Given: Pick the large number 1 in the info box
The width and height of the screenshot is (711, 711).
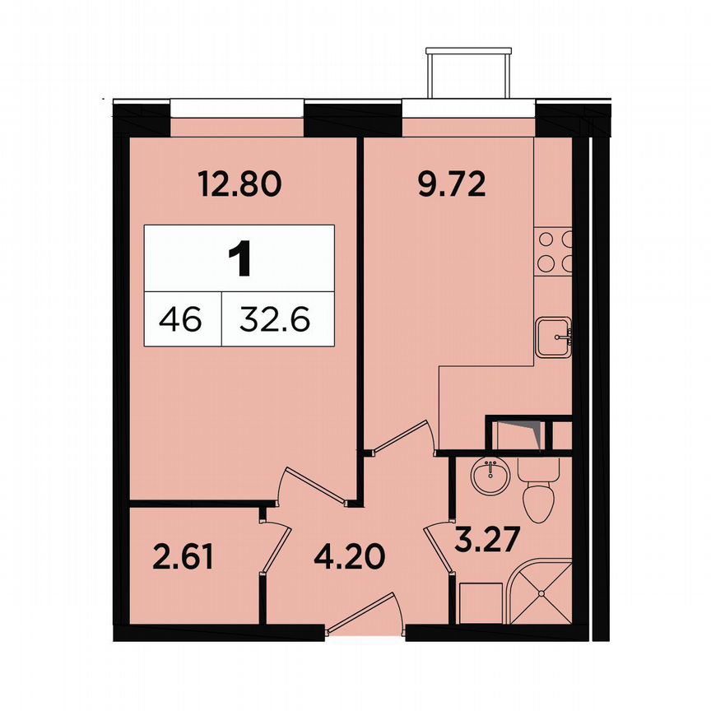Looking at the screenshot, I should [239, 258].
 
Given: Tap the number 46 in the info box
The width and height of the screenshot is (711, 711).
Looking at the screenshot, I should [182, 318].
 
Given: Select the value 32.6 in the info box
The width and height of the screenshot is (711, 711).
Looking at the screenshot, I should [275, 318].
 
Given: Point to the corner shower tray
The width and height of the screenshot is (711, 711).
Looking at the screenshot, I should [541, 591].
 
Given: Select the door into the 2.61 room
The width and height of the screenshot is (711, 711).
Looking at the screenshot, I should [277, 547].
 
